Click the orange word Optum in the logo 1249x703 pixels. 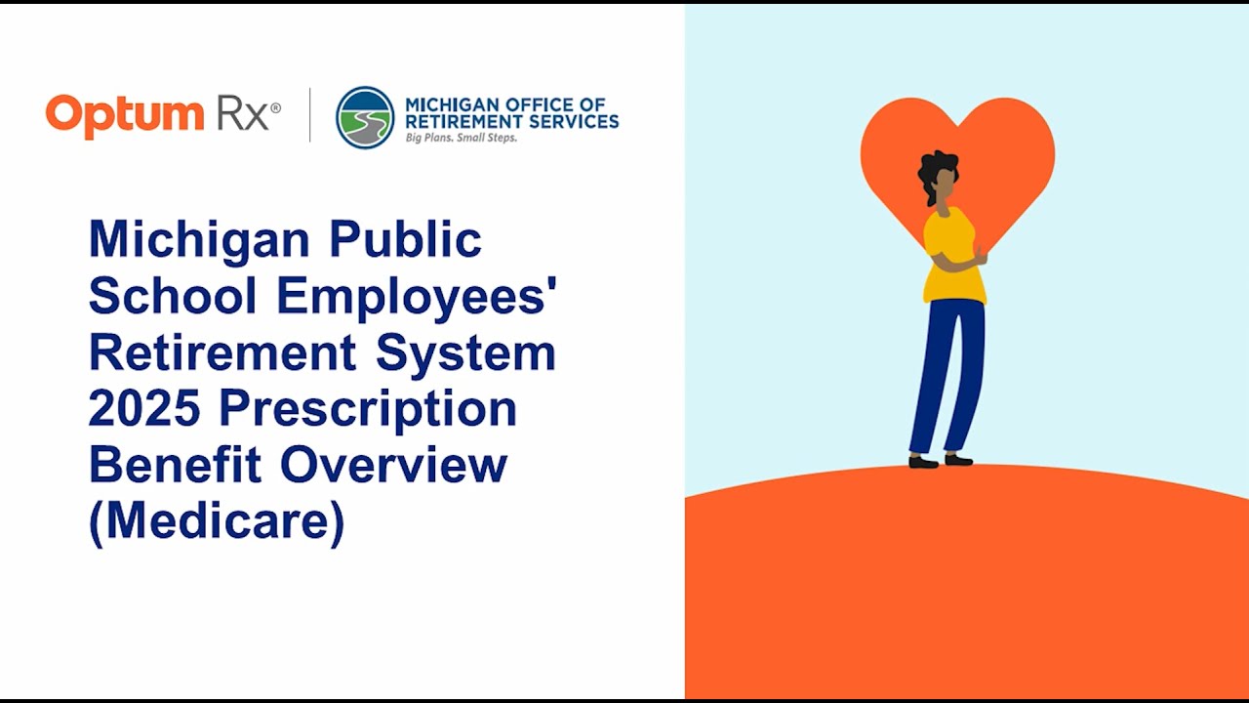point(125,115)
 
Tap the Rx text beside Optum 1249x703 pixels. point(242,115)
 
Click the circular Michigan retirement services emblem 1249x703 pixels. point(365,117)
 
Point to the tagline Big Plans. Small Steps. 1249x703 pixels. point(461,138)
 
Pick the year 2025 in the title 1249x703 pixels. point(144,408)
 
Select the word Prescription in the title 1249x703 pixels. point(367,410)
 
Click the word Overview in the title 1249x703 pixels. point(393,465)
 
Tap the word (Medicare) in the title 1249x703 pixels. point(217,522)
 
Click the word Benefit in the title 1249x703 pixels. point(176,465)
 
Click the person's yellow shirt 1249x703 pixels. point(952,256)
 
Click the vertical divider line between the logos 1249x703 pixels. point(310,115)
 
